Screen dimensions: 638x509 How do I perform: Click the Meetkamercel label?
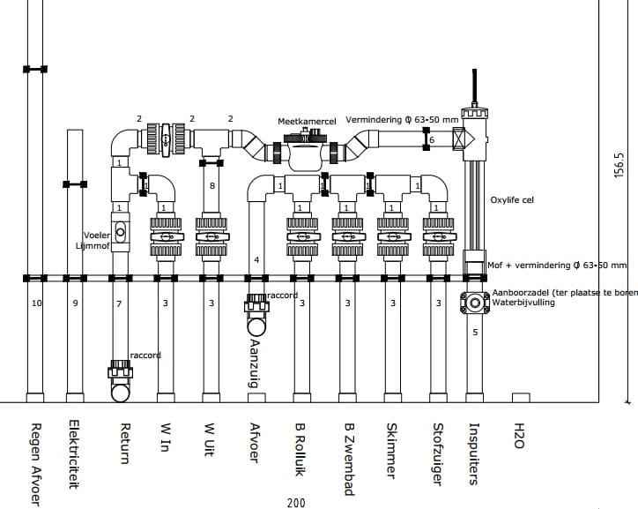307,122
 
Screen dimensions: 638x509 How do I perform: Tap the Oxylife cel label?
512,200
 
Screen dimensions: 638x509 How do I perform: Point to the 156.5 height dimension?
619,165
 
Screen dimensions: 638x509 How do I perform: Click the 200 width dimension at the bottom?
296,503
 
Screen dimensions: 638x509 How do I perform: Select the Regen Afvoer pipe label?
36,465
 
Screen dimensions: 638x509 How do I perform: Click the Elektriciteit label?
74,454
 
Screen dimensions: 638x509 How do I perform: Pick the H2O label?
519,436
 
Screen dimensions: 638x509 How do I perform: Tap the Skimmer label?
391,451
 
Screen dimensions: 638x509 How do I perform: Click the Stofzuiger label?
437,454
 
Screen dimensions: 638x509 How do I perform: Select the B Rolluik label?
300,450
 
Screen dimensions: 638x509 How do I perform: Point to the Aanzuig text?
254,363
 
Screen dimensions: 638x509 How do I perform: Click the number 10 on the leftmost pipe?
37,303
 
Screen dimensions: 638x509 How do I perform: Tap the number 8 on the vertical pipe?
212,185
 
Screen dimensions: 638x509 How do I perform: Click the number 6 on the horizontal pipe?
432,139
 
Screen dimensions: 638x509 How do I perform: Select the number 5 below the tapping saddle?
475,333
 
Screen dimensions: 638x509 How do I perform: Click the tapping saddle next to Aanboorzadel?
475,303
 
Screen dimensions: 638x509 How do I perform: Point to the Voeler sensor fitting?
121,232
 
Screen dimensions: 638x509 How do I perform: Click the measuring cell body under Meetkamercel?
308,151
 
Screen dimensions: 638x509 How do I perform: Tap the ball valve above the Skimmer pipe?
393,237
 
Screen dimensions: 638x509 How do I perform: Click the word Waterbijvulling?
523,303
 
